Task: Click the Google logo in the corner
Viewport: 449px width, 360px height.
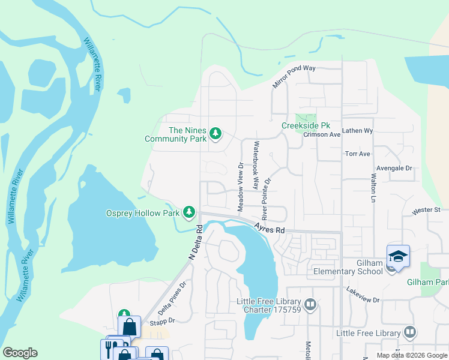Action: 20,353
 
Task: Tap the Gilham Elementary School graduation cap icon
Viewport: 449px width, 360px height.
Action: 398,256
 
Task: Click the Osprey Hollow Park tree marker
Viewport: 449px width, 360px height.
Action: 189,212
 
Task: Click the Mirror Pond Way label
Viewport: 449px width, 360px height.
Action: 294,76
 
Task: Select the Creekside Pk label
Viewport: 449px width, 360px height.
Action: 306,125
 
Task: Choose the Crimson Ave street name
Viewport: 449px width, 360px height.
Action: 322,134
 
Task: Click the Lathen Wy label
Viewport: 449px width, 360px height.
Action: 358,130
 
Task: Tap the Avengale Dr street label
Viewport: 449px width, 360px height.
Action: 394,169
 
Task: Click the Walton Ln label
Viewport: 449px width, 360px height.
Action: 373,188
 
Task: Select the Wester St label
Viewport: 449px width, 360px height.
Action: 427,211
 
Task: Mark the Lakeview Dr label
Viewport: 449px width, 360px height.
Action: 363,294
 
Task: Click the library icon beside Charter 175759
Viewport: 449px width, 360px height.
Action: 310,305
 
